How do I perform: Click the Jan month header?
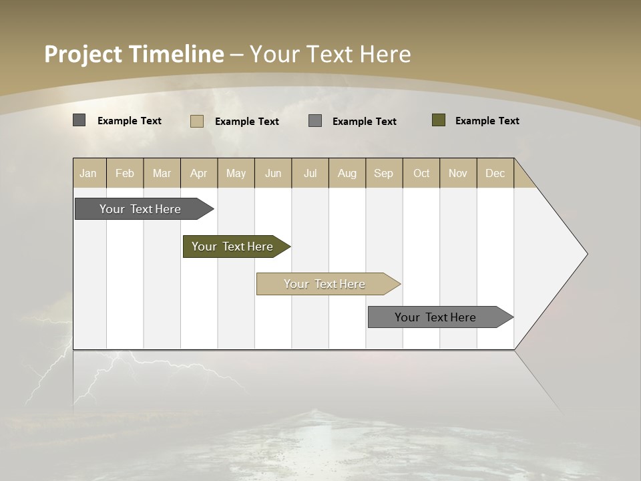88,173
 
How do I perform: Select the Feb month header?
125,173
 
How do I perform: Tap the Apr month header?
198,173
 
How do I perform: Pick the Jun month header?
273,173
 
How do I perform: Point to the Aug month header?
347,173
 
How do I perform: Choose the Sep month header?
383,173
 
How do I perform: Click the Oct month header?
421,173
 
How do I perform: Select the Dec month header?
495,173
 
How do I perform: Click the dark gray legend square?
79,120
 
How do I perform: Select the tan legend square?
197,121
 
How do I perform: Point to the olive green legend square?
439,120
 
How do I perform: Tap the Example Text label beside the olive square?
487,121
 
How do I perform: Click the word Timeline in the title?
176,54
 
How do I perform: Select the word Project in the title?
83,54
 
